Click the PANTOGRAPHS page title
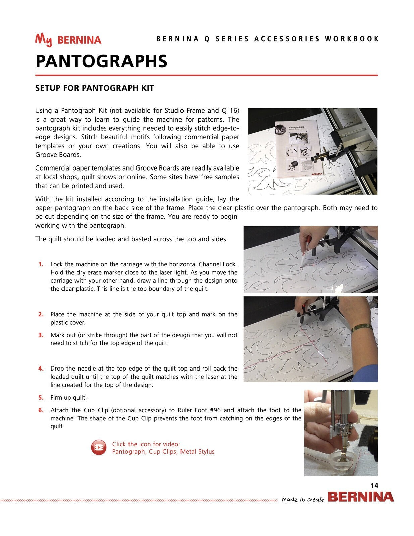point(101,61)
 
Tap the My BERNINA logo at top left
point(68,40)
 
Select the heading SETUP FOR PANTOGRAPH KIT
point(95,88)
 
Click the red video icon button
point(99,448)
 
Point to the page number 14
point(374,486)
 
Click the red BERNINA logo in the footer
point(361,497)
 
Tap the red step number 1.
point(41,264)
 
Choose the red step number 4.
point(41,368)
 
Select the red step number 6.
point(41,410)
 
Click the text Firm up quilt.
point(68,398)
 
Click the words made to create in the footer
point(303,499)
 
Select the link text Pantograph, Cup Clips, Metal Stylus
point(163,452)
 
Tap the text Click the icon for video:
point(146,444)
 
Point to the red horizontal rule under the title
point(207,75)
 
